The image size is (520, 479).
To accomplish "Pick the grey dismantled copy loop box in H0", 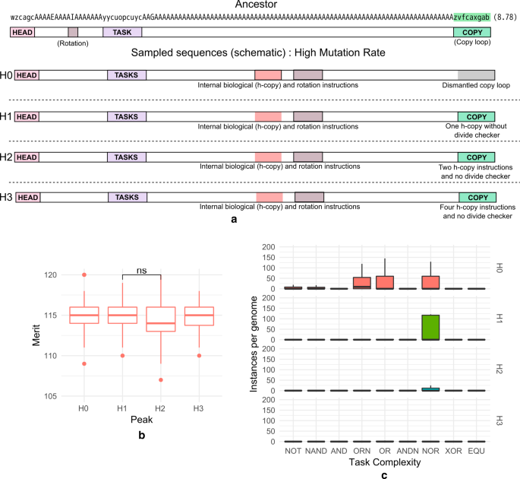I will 477,75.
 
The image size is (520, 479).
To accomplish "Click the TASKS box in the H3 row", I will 127,198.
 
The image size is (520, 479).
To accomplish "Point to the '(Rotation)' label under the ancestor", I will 73,43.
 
